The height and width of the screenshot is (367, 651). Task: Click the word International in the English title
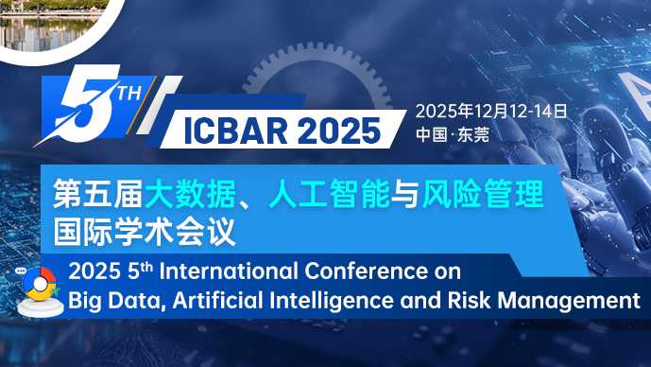pos(233,272)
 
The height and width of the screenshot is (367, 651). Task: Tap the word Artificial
pos(209,302)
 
